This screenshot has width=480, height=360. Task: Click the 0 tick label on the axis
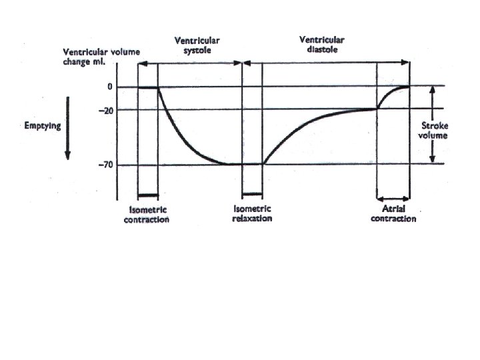point(109,87)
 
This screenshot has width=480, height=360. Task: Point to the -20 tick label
point(106,110)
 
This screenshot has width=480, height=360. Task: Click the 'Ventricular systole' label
point(196,45)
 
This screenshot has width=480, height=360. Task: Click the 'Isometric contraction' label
point(147,214)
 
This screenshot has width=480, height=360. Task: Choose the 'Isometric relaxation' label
point(252,214)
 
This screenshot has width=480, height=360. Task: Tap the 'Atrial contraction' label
point(393,213)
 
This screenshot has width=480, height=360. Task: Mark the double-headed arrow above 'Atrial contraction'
point(393,198)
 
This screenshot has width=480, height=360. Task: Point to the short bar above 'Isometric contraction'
point(147,195)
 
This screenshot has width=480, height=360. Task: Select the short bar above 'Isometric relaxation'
point(252,194)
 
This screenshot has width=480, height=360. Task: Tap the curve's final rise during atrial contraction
point(390,93)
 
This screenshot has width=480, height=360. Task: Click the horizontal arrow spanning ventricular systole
point(190,63)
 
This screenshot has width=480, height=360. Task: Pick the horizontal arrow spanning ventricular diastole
point(327,63)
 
